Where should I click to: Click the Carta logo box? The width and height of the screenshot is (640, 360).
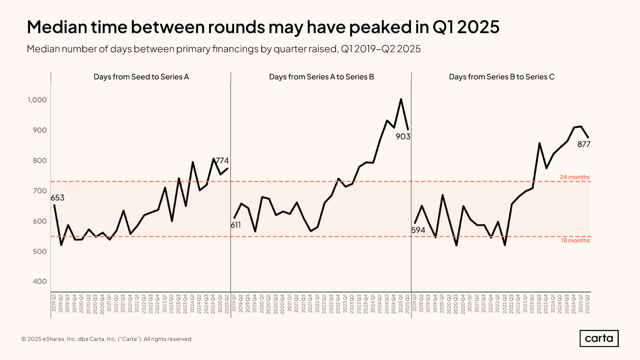[599, 338]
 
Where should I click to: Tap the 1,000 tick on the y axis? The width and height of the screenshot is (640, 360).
[37, 100]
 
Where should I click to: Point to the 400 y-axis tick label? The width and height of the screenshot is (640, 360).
[40, 281]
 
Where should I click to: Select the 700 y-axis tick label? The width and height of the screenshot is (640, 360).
[40, 191]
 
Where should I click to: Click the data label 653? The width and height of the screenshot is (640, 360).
[58, 198]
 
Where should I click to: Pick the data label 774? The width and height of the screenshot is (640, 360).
[222, 160]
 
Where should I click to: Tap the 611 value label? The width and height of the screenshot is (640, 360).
[236, 225]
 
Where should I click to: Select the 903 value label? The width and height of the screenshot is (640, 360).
[403, 137]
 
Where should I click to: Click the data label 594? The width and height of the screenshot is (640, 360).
[418, 230]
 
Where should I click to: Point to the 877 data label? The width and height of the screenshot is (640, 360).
[584, 144]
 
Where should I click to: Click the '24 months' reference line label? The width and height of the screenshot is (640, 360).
[575, 177]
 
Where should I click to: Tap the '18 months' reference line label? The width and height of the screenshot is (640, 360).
[575, 240]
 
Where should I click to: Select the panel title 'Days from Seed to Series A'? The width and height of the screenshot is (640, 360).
[141, 77]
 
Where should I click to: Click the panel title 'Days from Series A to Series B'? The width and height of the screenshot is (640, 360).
[321, 77]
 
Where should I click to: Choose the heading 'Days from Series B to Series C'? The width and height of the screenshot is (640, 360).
[502, 77]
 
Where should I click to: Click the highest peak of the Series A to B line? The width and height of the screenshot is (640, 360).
[401, 99]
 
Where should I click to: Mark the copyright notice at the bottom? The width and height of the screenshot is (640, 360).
[107, 339]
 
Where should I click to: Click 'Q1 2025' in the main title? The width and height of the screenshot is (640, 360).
[466, 27]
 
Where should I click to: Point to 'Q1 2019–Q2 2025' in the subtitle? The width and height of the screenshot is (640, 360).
[381, 49]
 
